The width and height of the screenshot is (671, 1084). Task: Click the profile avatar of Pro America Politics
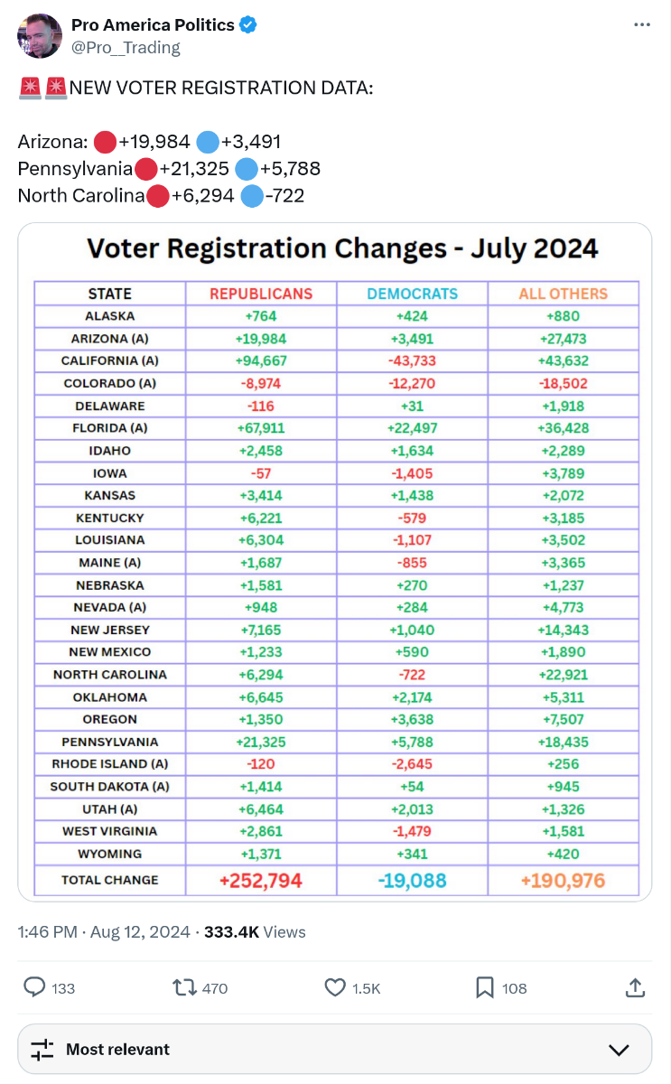[x=40, y=36]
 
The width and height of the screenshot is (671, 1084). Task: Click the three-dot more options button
[x=642, y=25]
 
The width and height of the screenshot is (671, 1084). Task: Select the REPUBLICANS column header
[x=261, y=294]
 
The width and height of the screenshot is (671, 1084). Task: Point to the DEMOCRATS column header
[x=412, y=294]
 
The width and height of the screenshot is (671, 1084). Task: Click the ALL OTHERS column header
[x=563, y=294]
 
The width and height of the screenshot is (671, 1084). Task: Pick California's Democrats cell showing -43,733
[x=412, y=360]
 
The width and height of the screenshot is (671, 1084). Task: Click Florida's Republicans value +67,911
[x=261, y=428]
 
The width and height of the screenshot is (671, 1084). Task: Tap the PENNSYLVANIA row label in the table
[x=110, y=742]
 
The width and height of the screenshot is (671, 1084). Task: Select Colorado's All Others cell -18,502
[x=563, y=383]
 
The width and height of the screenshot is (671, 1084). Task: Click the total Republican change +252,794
[x=261, y=880]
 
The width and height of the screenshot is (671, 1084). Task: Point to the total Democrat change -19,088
[x=412, y=880]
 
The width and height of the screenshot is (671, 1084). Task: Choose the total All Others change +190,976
[x=563, y=880]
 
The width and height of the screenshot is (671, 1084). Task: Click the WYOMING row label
[x=110, y=854]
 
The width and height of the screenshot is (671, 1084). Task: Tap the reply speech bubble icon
[x=34, y=988]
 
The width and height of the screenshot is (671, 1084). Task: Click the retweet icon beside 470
[x=184, y=988]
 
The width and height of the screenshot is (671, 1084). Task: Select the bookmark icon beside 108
[x=485, y=988]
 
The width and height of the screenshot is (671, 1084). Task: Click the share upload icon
[x=635, y=988]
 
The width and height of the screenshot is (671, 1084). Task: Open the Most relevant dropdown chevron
[x=619, y=1050]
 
